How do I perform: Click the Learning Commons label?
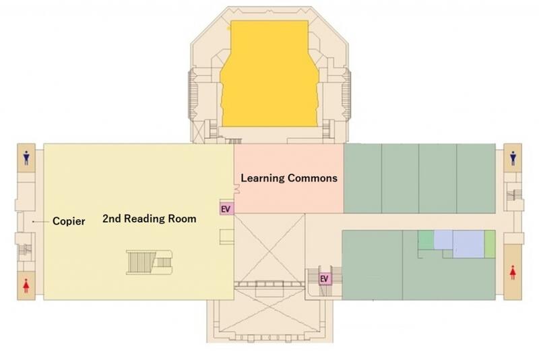(x=289, y=178)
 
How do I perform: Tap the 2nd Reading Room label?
(x=150, y=218)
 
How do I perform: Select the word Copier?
(x=69, y=221)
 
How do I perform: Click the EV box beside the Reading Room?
(x=227, y=209)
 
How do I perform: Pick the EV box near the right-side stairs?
(x=325, y=278)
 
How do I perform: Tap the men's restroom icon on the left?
(x=26, y=158)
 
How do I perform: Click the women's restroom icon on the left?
(x=26, y=286)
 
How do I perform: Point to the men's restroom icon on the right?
(x=513, y=158)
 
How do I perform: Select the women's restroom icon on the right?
(x=513, y=273)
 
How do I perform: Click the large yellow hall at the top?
(x=269, y=74)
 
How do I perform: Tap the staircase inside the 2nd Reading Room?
(x=149, y=263)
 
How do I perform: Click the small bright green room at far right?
(x=490, y=244)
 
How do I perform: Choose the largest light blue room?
(x=468, y=244)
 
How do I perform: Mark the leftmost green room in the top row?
(x=362, y=179)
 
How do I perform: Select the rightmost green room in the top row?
(x=476, y=179)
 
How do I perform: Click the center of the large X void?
(x=269, y=248)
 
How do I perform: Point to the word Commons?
(x=313, y=178)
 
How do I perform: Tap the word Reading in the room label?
(x=146, y=219)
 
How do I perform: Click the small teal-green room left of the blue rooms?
(x=426, y=240)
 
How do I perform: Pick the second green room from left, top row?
(x=400, y=179)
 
